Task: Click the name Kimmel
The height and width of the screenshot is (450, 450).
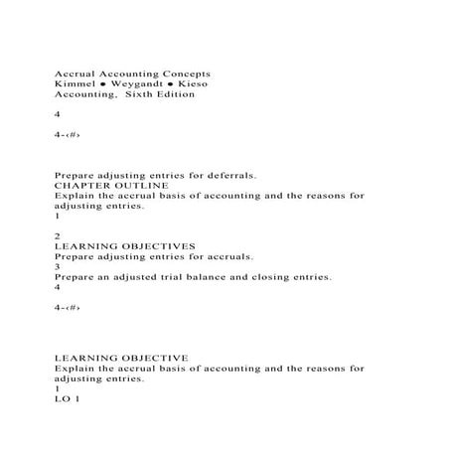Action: click(73, 86)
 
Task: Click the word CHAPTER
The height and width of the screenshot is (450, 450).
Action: click(84, 185)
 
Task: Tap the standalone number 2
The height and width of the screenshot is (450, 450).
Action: click(57, 232)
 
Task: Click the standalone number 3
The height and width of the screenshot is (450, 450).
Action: click(57, 266)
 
